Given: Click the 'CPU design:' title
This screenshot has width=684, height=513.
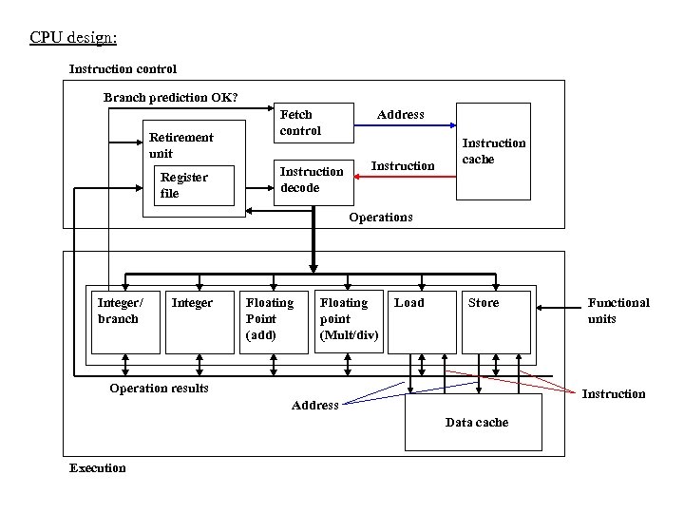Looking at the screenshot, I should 73,38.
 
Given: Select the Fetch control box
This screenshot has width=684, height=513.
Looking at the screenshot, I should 313,123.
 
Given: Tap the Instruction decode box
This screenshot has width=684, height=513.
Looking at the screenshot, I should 313,180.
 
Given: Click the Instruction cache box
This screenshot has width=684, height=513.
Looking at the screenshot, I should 493,152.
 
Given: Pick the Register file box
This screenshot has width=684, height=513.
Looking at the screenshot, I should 196,185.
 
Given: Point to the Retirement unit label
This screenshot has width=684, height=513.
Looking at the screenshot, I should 180,144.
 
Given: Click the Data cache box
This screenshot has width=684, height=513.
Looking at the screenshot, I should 473,423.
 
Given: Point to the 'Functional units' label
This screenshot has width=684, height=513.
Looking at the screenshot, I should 618,311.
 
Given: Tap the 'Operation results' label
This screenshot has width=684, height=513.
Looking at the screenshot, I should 159,388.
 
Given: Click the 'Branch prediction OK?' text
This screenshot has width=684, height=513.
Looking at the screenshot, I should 171,97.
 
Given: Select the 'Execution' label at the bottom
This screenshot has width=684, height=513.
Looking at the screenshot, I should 97,467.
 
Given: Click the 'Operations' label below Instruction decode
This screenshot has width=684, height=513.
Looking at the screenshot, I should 380,217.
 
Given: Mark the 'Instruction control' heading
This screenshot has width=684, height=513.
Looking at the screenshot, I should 123,68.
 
